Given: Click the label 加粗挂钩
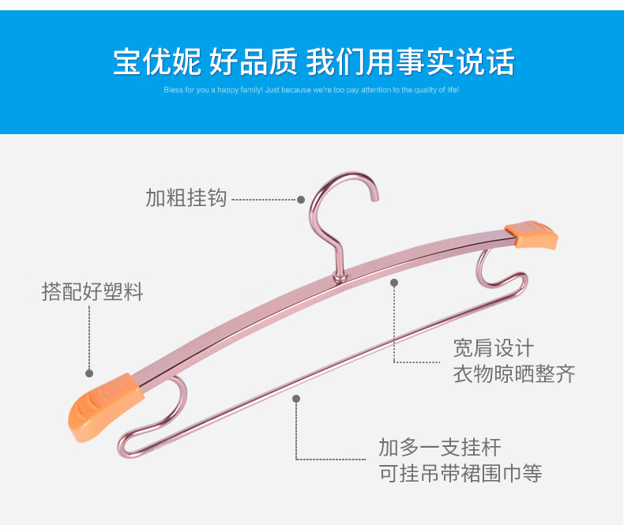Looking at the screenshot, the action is point(186,197).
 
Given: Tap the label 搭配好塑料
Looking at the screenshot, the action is point(92,292).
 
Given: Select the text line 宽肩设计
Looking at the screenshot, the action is point(494,347).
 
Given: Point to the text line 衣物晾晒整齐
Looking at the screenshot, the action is point(514,373).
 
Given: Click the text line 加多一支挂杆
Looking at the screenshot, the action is point(440,448).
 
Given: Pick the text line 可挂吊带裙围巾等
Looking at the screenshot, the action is point(460,474).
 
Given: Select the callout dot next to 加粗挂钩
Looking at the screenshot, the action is point(301,200).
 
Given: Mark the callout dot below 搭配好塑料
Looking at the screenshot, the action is point(89,373).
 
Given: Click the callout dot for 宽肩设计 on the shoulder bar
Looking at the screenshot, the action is point(394,282).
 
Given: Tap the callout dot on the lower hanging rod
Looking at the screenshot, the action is point(296,399).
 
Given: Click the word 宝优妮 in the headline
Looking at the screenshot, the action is point(158,62).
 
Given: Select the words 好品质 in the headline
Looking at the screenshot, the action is point(254,62).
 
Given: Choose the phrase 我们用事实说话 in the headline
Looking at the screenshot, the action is point(410,62).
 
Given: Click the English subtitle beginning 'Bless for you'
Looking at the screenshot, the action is point(311,90).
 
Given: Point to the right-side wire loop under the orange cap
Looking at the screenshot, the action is point(498,272).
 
